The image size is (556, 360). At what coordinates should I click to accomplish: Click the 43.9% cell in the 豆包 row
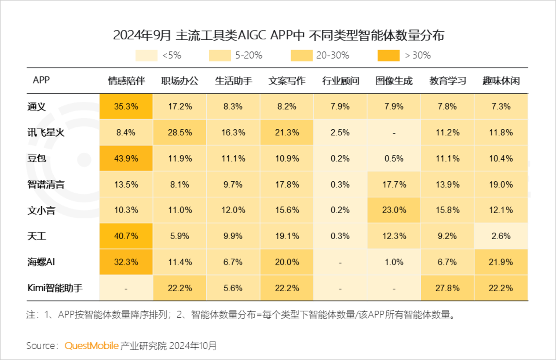click(126, 158)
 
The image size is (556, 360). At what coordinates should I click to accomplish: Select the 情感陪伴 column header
click(126, 81)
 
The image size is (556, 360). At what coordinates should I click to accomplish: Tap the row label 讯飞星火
click(46, 132)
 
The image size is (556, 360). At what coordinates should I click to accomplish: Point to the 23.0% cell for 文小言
click(394, 210)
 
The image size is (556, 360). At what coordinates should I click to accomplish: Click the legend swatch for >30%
click(388, 56)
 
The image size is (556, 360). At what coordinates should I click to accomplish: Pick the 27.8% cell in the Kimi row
click(447, 288)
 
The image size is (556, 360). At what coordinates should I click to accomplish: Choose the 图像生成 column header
click(394, 81)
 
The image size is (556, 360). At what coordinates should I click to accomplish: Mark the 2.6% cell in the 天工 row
click(501, 236)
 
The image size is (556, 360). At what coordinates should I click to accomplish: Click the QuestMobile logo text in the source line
click(92, 346)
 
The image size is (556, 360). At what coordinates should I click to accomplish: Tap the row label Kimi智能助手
click(55, 288)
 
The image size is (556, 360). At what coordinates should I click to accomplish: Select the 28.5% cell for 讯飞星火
click(180, 132)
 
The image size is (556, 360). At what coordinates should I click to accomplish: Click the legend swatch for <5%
click(146, 56)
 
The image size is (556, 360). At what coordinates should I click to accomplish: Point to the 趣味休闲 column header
click(501, 81)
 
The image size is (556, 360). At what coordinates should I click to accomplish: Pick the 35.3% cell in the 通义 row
click(126, 106)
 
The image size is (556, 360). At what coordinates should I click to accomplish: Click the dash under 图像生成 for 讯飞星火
click(394, 133)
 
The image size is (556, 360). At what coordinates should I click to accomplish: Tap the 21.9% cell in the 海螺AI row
click(501, 262)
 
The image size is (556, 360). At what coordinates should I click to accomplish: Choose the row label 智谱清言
click(46, 184)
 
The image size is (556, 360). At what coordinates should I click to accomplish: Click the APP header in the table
click(41, 80)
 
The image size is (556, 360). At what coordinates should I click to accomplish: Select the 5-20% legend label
click(249, 56)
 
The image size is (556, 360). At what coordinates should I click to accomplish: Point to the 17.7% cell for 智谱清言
click(394, 184)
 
